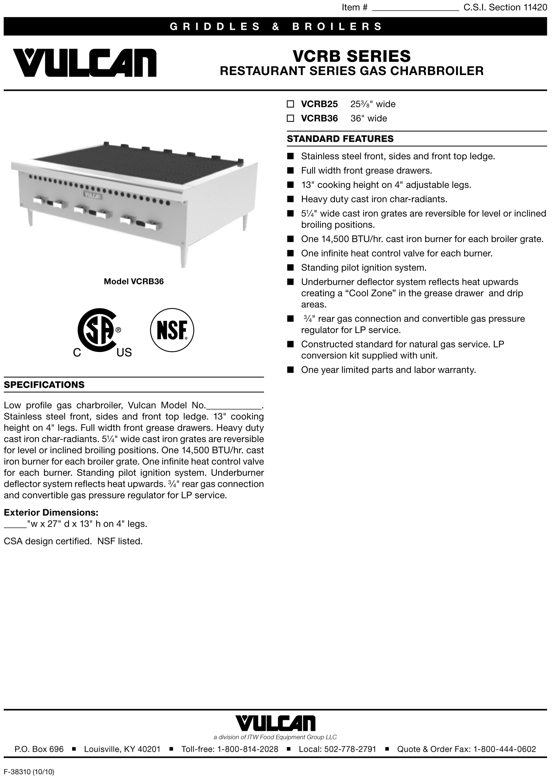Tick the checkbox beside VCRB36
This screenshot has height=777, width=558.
pyautogui.click(x=290, y=118)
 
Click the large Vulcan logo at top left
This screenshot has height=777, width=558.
pyautogui.click(x=85, y=63)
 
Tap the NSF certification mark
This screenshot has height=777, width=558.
pyautogui.click(x=172, y=330)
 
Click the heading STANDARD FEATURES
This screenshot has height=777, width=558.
pyautogui.click(x=340, y=139)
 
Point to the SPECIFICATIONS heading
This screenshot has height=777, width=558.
pyautogui.click(x=44, y=385)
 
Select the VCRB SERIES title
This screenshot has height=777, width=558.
pyautogui.click(x=352, y=56)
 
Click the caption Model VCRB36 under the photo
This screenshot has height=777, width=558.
pyautogui.click(x=134, y=282)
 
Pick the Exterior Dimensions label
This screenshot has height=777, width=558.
pyautogui.click(x=51, y=513)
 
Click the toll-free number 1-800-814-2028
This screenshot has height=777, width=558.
pyautogui.click(x=248, y=749)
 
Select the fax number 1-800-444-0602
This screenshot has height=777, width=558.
pyautogui.click(x=504, y=749)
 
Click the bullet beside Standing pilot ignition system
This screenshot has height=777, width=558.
pyautogui.click(x=290, y=267)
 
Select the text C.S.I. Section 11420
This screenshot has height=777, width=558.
pyautogui.click(x=505, y=7)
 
